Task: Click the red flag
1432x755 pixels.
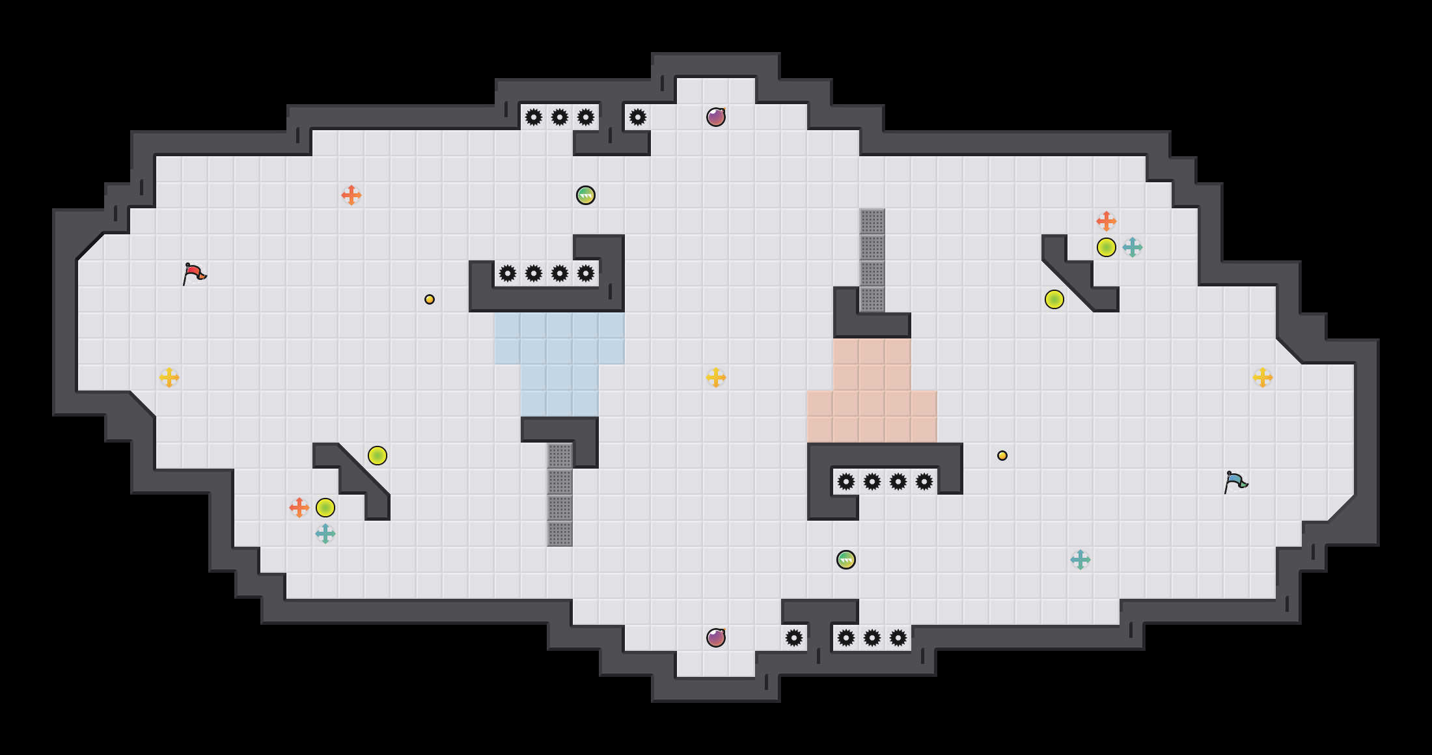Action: (194, 274)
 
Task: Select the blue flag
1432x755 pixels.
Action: (1235, 482)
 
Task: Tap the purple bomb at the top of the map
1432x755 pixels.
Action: (716, 117)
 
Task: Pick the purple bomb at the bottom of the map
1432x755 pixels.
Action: (716, 638)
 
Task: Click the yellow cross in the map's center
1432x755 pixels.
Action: (716, 377)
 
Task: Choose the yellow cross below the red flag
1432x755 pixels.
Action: (169, 377)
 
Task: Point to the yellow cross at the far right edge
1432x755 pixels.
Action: (1263, 377)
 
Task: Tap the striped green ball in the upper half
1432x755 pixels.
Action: (586, 195)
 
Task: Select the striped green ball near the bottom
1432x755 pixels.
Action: (846, 560)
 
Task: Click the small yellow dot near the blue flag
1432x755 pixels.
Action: (1002, 456)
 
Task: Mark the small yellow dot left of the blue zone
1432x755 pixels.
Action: (430, 299)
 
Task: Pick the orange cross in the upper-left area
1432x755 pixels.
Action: (351, 195)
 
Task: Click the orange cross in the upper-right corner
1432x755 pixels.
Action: (1107, 221)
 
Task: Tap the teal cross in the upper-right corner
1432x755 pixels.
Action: (1133, 247)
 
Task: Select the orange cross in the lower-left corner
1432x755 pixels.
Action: (299, 508)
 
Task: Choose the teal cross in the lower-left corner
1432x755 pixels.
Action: (325, 534)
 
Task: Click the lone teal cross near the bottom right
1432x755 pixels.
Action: (1081, 560)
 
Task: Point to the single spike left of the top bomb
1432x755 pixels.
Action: (638, 117)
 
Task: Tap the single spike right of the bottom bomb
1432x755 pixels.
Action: (794, 638)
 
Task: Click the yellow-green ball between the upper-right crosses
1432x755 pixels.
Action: (1107, 247)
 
